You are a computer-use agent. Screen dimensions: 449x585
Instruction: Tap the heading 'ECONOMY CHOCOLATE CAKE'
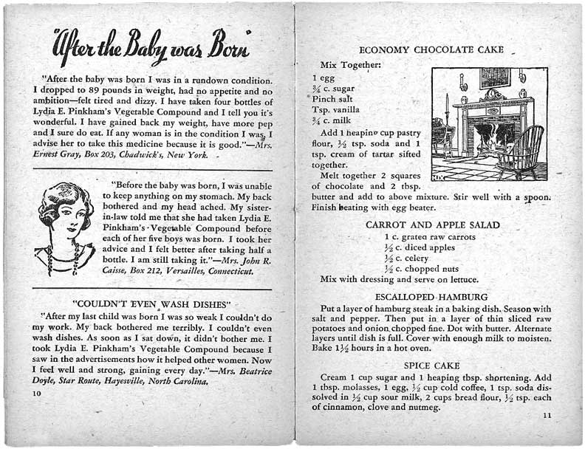[431, 50]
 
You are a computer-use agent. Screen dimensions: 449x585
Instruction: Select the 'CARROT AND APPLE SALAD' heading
[433, 224]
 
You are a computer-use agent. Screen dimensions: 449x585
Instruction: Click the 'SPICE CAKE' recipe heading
[432, 366]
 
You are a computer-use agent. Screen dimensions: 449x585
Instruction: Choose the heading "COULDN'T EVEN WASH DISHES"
[153, 304]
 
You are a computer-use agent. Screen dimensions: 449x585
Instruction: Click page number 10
[36, 394]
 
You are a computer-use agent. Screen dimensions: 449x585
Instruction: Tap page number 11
[547, 416]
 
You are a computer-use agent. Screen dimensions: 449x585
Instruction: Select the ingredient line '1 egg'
[324, 77]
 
